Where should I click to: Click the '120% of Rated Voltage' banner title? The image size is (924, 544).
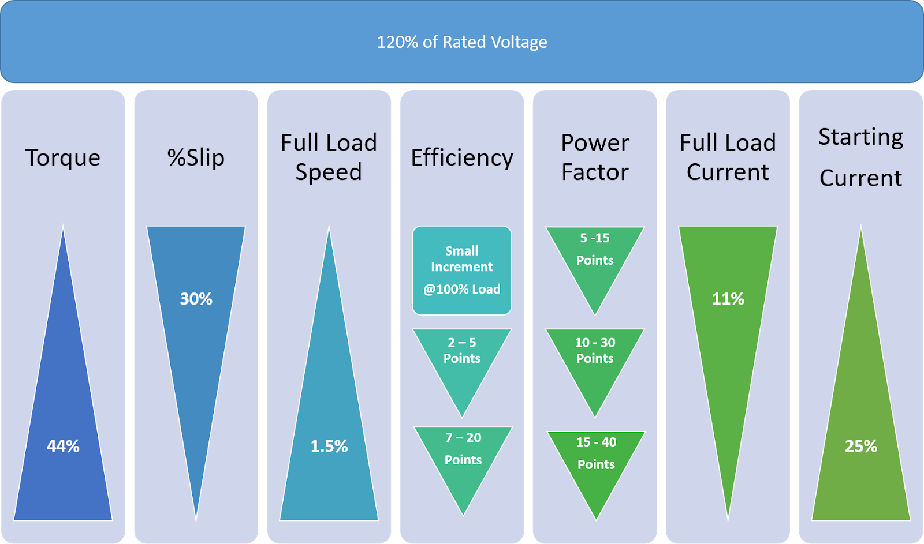pyautogui.click(x=462, y=42)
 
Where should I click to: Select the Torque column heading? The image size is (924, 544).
pyautogui.click(x=63, y=157)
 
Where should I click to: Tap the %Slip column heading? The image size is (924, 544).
pyautogui.click(x=196, y=157)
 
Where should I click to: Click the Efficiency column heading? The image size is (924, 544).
pyautogui.click(x=462, y=157)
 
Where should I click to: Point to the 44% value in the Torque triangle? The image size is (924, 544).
pyautogui.click(x=63, y=446)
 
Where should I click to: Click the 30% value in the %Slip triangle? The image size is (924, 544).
pyautogui.click(x=196, y=299)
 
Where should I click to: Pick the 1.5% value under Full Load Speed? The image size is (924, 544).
pyautogui.click(x=329, y=446)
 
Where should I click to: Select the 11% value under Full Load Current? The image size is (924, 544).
pyautogui.click(x=728, y=299)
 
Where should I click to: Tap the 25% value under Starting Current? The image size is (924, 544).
pyautogui.click(x=860, y=446)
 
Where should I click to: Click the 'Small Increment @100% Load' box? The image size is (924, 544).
pyautogui.click(x=462, y=270)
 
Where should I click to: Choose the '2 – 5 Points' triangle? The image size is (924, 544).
pyautogui.click(x=462, y=358)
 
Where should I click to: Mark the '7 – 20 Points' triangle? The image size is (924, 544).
pyautogui.click(x=463, y=456)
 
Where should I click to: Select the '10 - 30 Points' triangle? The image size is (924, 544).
pyautogui.click(x=595, y=358)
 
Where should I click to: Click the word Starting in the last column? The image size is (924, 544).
pyautogui.click(x=860, y=137)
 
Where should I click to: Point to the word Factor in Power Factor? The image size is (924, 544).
pyautogui.click(x=595, y=172)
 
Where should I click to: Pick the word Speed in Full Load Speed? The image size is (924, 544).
pyautogui.click(x=329, y=172)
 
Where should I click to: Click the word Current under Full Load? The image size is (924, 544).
pyautogui.click(x=728, y=172)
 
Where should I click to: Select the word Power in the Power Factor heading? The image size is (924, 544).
pyautogui.click(x=595, y=142)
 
